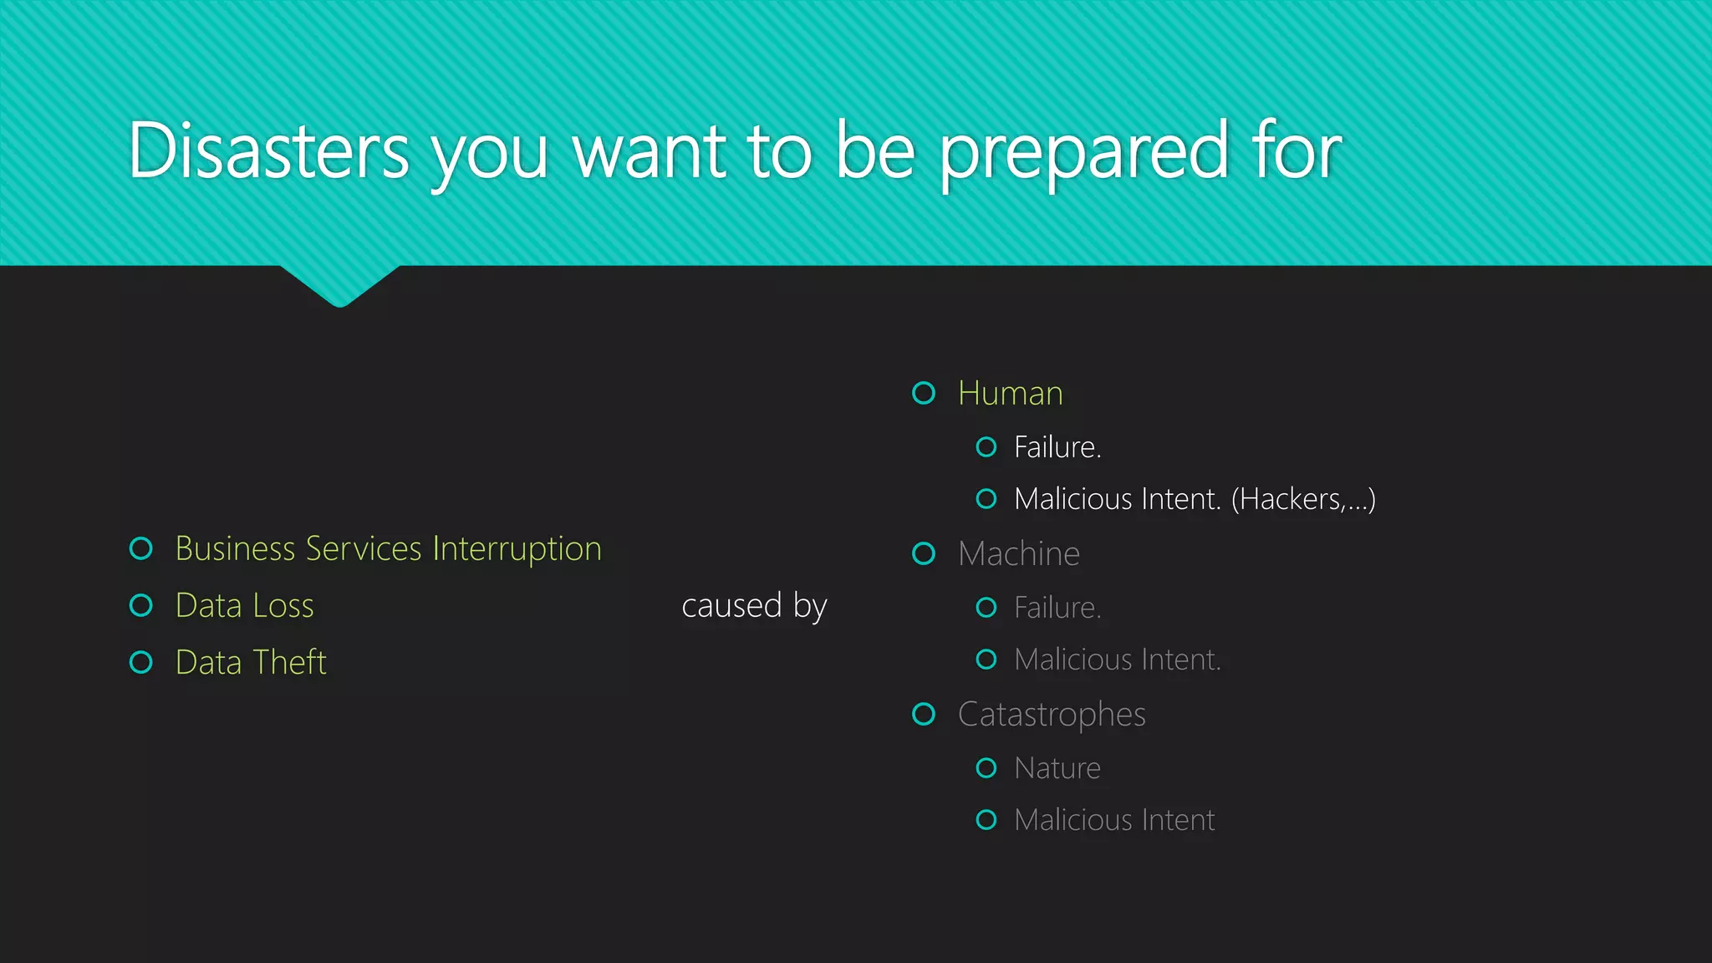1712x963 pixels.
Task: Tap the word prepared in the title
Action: (x=1083, y=154)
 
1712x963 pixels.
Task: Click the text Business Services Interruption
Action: (x=388, y=549)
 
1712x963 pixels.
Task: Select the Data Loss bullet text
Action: (x=244, y=606)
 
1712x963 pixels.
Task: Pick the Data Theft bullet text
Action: (x=250, y=663)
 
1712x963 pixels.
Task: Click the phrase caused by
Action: (x=753, y=606)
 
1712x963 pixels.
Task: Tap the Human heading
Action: (x=1010, y=394)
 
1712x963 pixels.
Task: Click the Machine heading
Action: (x=1018, y=554)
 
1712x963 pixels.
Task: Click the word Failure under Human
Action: (x=1057, y=448)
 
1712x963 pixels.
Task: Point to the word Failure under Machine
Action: (x=1057, y=609)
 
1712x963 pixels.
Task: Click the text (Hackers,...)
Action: (x=1302, y=500)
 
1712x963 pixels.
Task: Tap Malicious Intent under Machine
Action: (x=1117, y=660)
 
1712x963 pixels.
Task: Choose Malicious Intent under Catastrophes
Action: (x=1113, y=821)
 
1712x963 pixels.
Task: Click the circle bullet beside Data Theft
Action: (x=141, y=663)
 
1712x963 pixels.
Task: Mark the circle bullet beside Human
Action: (x=924, y=393)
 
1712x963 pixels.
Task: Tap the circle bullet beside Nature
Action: (x=986, y=768)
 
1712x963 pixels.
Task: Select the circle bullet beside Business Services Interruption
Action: (x=141, y=549)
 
